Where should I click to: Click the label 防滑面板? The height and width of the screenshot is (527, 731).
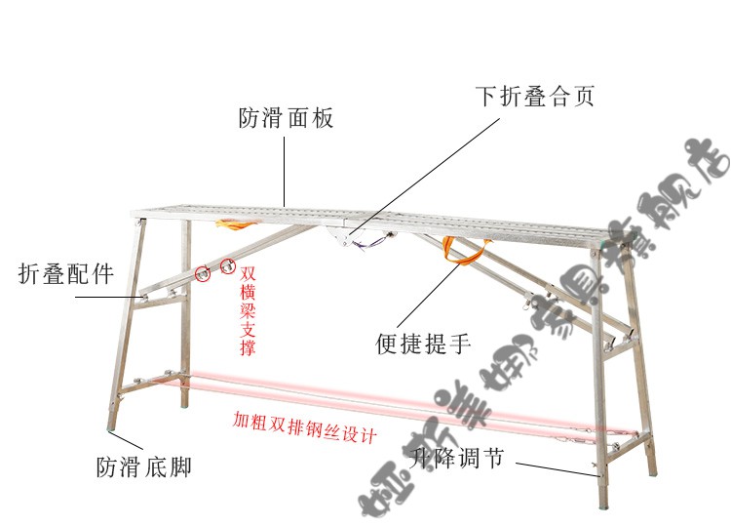[287, 119]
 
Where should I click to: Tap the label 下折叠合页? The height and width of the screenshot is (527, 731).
[534, 98]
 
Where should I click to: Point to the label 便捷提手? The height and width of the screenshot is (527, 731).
[424, 344]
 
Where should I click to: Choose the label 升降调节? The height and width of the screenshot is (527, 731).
[457, 457]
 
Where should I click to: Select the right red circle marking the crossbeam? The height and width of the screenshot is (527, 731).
[228, 263]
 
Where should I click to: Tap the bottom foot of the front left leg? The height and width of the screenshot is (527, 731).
[110, 421]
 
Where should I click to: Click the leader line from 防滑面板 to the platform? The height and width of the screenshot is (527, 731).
[285, 171]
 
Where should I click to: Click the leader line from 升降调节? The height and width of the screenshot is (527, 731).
[555, 467]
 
